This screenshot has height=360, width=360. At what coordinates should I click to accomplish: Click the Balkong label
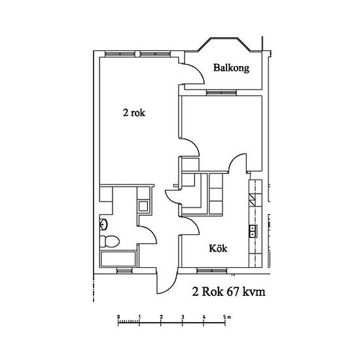[x=231, y=68]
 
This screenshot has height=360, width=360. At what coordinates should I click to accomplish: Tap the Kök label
[x=218, y=249]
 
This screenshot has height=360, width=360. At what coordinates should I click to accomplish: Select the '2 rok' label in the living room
[x=134, y=113]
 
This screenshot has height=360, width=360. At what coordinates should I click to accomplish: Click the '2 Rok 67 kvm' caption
[x=228, y=292]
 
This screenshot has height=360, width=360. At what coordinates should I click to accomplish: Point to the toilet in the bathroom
[x=109, y=242]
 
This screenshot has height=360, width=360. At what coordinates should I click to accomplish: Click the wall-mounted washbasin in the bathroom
[x=103, y=225]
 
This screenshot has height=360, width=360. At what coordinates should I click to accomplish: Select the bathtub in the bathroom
[x=118, y=259]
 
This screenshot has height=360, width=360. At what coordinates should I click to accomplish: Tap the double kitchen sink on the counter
[x=253, y=231]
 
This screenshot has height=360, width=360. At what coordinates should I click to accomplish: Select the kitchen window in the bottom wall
[x=211, y=271]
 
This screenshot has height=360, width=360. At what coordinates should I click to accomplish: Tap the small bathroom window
[x=124, y=271]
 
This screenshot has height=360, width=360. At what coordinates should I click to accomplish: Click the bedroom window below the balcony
[x=221, y=92]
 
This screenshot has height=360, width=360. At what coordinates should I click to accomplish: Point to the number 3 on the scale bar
[x=183, y=317]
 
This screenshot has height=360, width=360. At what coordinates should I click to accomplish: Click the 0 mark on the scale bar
[x=118, y=317]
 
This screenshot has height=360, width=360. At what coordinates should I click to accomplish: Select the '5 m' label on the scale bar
[x=227, y=317]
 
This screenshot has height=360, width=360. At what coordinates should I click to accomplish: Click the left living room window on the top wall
[x=119, y=54]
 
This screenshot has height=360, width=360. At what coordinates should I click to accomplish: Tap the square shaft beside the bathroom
[x=143, y=206]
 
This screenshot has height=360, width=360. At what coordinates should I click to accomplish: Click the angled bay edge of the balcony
[x=204, y=45]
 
